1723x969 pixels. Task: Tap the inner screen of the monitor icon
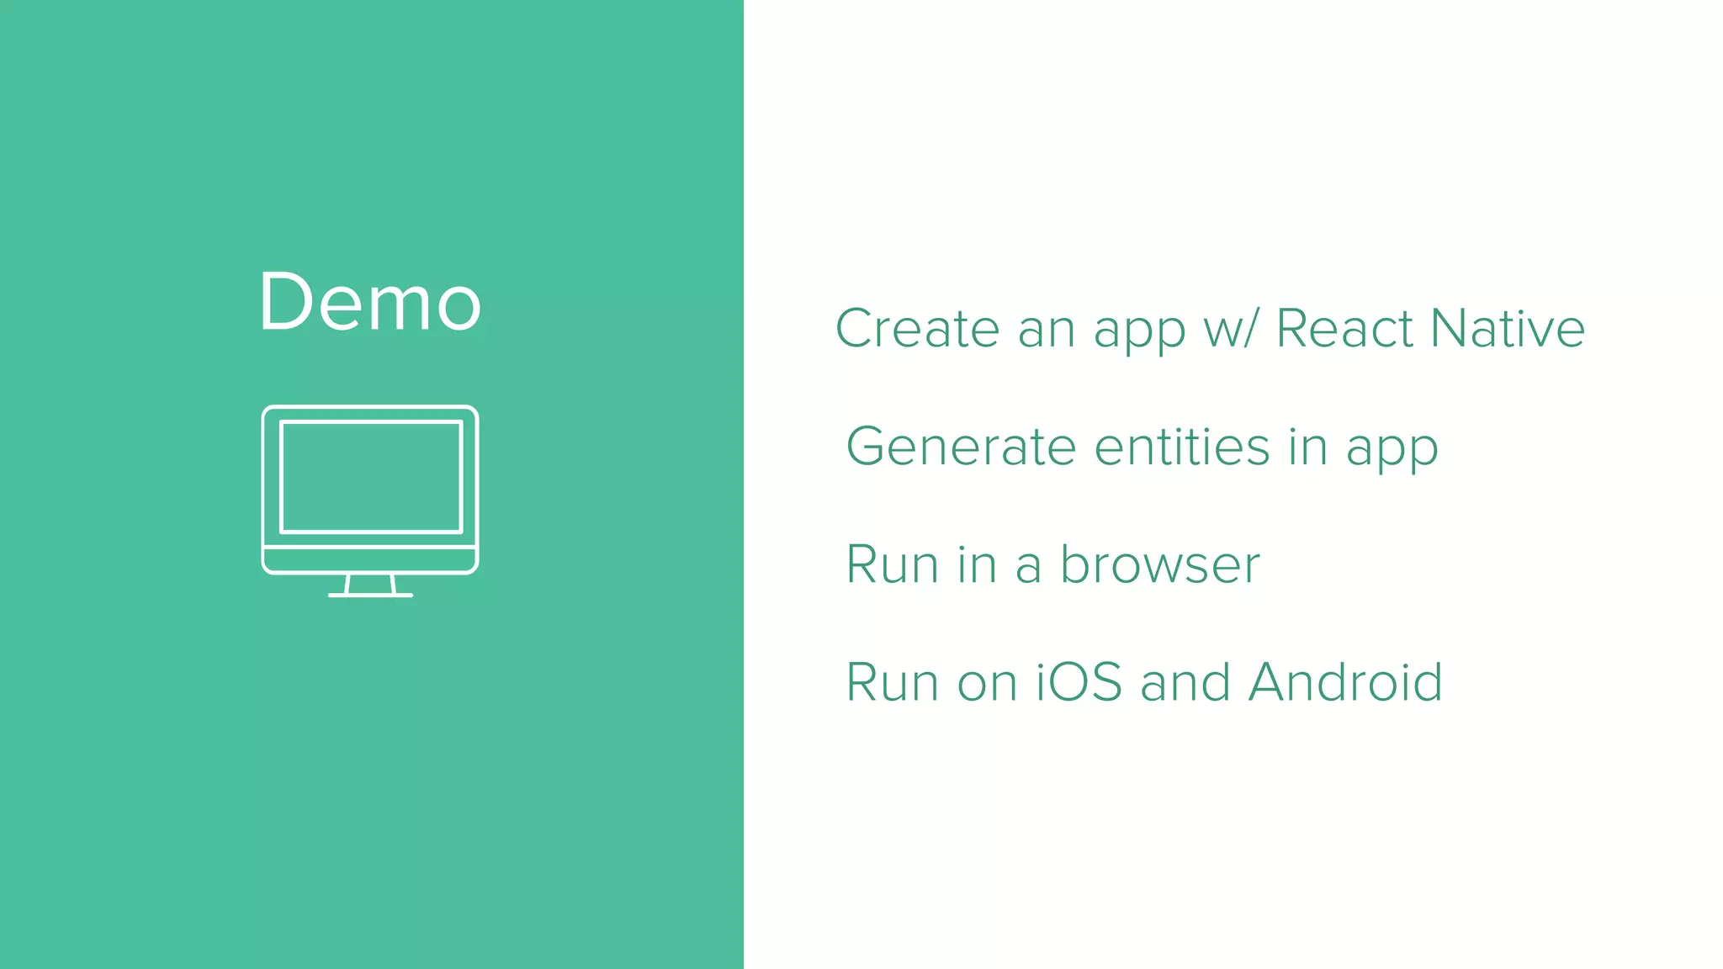pos(371,477)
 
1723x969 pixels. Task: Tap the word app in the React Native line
pos(1139,331)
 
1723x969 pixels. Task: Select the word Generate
pos(961,447)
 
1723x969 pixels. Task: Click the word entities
pos(1182,447)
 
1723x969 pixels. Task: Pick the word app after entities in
pos(1392,450)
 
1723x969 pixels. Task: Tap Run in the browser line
pos(892,564)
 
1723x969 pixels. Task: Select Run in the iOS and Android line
pos(892,682)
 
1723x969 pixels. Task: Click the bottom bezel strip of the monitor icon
pos(370,559)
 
